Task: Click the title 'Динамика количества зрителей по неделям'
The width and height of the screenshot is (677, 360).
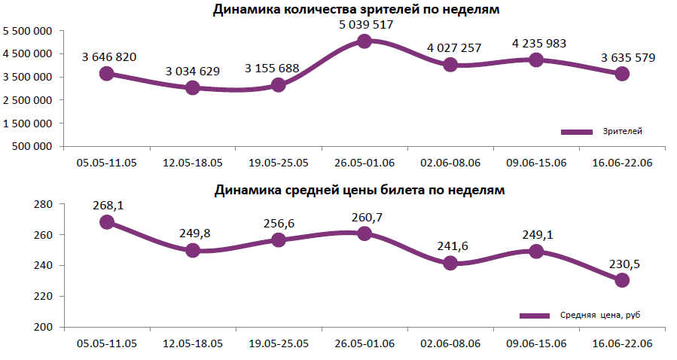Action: [x=356, y=10]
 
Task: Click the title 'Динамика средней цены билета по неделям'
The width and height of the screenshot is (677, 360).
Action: [x=359, y=190]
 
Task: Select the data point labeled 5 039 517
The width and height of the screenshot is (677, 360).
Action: [x=364, y=41]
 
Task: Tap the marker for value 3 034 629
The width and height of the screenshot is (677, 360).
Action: [x=193, y=87]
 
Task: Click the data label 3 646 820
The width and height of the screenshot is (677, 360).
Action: [x=109, y=57]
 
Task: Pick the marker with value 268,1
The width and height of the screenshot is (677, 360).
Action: [x=107, y=222]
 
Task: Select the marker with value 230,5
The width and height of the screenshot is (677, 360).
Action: [x=622, y=280]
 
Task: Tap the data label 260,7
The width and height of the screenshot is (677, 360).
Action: [x=367, y=218]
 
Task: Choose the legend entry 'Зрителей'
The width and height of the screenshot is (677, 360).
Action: [x=622, y=132]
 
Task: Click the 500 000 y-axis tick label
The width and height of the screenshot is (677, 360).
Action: [x=33, y=146]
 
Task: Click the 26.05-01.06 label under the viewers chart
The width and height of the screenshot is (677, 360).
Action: [x=364, y=162]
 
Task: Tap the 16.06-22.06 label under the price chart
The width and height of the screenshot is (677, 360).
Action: [x=622, y=343]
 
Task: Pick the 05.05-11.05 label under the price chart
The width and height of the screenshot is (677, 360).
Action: [x=107, y=343]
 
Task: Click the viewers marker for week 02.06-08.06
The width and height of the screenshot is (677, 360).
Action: [x=450, y=65]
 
